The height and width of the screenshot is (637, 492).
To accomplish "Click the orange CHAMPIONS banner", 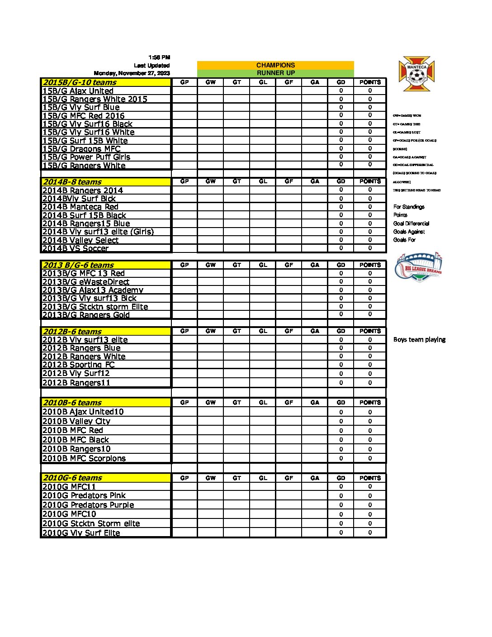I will tap(275, 65).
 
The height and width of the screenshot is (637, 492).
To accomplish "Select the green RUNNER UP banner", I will tap(275, 73).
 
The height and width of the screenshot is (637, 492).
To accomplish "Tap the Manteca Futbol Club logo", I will tap(416, 73).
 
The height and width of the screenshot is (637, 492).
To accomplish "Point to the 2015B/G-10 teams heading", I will tap(80, 82).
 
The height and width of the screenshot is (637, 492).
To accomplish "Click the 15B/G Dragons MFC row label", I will tap(81, 149).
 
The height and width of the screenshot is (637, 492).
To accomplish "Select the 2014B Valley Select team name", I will tap(80, 240).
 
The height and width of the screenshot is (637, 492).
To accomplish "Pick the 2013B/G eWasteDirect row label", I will tap(86, 282).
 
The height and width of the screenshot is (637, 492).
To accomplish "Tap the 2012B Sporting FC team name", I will tap(78, 365).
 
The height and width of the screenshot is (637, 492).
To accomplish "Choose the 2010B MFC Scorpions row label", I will tap(84, 458).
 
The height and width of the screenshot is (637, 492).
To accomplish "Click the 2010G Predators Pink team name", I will tap(84, 495).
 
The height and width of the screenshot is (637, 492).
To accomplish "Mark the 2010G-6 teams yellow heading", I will tap(72, 478).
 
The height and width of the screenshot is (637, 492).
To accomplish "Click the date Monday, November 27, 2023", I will tap(132, 73).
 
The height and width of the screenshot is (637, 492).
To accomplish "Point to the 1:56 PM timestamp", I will tap(159, 57).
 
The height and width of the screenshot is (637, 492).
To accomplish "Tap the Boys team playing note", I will tap(419, 340).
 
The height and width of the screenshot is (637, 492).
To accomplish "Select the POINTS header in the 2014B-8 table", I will tap(370, 181).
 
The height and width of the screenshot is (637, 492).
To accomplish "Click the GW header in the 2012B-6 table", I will tap(211, 331).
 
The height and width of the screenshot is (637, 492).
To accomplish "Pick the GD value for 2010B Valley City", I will tap(341, 421).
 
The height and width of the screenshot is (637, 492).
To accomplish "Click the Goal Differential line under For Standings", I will tap(411, 223).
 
